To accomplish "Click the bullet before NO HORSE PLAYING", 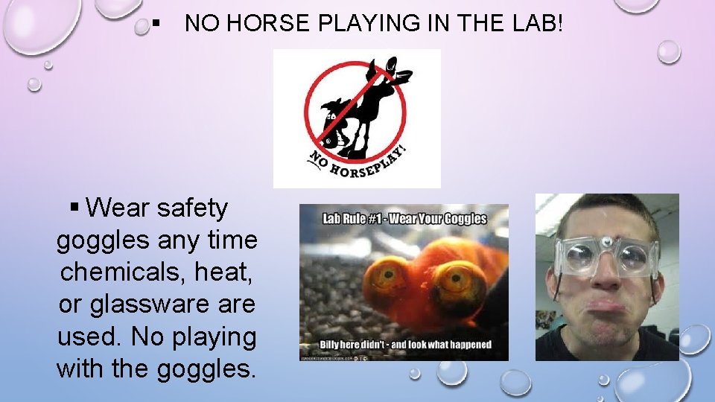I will tap(156, 25).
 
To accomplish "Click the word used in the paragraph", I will tap(89, 336).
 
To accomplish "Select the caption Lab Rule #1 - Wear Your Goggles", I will tap(404, 219).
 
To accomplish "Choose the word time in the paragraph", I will tap(232, 240).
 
